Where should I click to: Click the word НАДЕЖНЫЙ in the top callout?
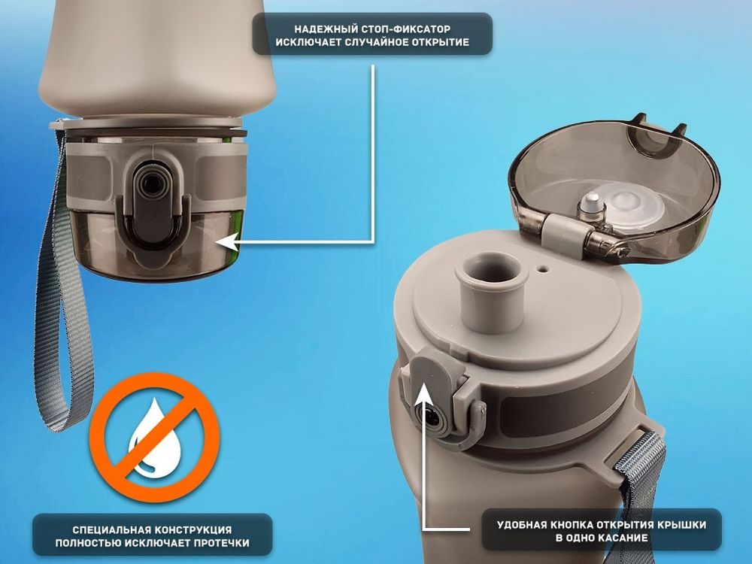click(x=323, y=29)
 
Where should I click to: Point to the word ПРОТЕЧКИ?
click(x=222, y=543)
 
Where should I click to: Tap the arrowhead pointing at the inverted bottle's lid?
click(x=228, y=242)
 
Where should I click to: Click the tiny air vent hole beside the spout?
click(x=543, y=269)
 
